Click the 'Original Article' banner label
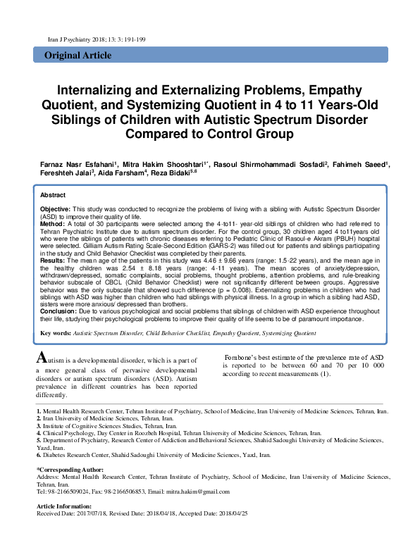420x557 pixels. coord(78,55)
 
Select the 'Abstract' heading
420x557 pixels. coord(53,195)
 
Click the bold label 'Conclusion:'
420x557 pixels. coord(58,310)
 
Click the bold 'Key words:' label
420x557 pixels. coord(56,332)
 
